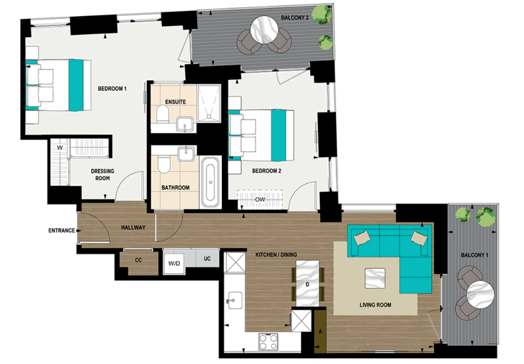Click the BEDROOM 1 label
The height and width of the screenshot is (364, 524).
(112, 89)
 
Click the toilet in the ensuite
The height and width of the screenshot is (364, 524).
(163, 116)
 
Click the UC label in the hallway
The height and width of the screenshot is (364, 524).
(207, 259)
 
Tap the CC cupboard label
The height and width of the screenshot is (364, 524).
(138, 260)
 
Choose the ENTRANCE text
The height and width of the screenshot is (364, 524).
(61, 231)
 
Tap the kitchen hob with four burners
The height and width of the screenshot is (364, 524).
(268, 340)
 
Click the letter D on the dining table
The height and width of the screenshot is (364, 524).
(307, 284)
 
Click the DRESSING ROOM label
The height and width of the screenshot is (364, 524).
(103, 175)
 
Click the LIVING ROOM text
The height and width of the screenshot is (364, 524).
(375, 305)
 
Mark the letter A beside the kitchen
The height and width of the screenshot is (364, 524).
(321, 331)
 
